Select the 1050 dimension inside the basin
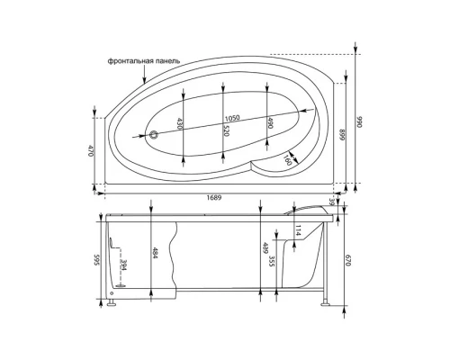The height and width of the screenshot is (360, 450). [232, 119]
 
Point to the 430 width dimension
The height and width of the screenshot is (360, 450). [180, 127]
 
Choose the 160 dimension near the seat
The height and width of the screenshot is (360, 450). [288, 160]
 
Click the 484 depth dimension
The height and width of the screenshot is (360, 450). [156, 255]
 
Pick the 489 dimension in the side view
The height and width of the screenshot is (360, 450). [264, 249]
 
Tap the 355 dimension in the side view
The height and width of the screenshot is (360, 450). [271, 263]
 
